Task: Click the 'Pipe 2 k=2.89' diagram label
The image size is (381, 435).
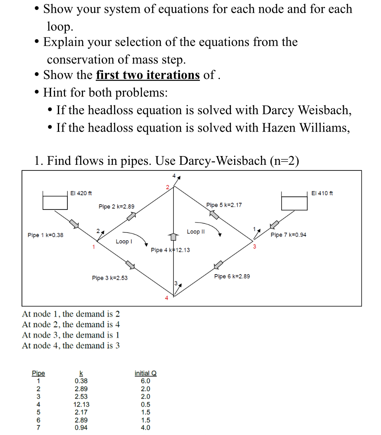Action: point(116,207)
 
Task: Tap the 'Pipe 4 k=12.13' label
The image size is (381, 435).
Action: point(170,250)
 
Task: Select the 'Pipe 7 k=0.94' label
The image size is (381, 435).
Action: point(288,235)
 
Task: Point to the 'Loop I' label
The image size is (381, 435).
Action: point(124,241)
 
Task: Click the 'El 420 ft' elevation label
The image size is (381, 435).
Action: point(81,193)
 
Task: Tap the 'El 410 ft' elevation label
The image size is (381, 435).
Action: point(322,193)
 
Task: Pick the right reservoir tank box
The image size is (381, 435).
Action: point(294,203)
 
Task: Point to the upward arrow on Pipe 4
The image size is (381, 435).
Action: point(173,237)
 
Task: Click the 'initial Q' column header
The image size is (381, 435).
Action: point(146,374)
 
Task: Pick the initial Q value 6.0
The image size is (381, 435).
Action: point(146,381)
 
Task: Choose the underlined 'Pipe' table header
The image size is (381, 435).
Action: point(38,374)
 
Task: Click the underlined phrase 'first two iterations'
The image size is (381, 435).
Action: point(148,75)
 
